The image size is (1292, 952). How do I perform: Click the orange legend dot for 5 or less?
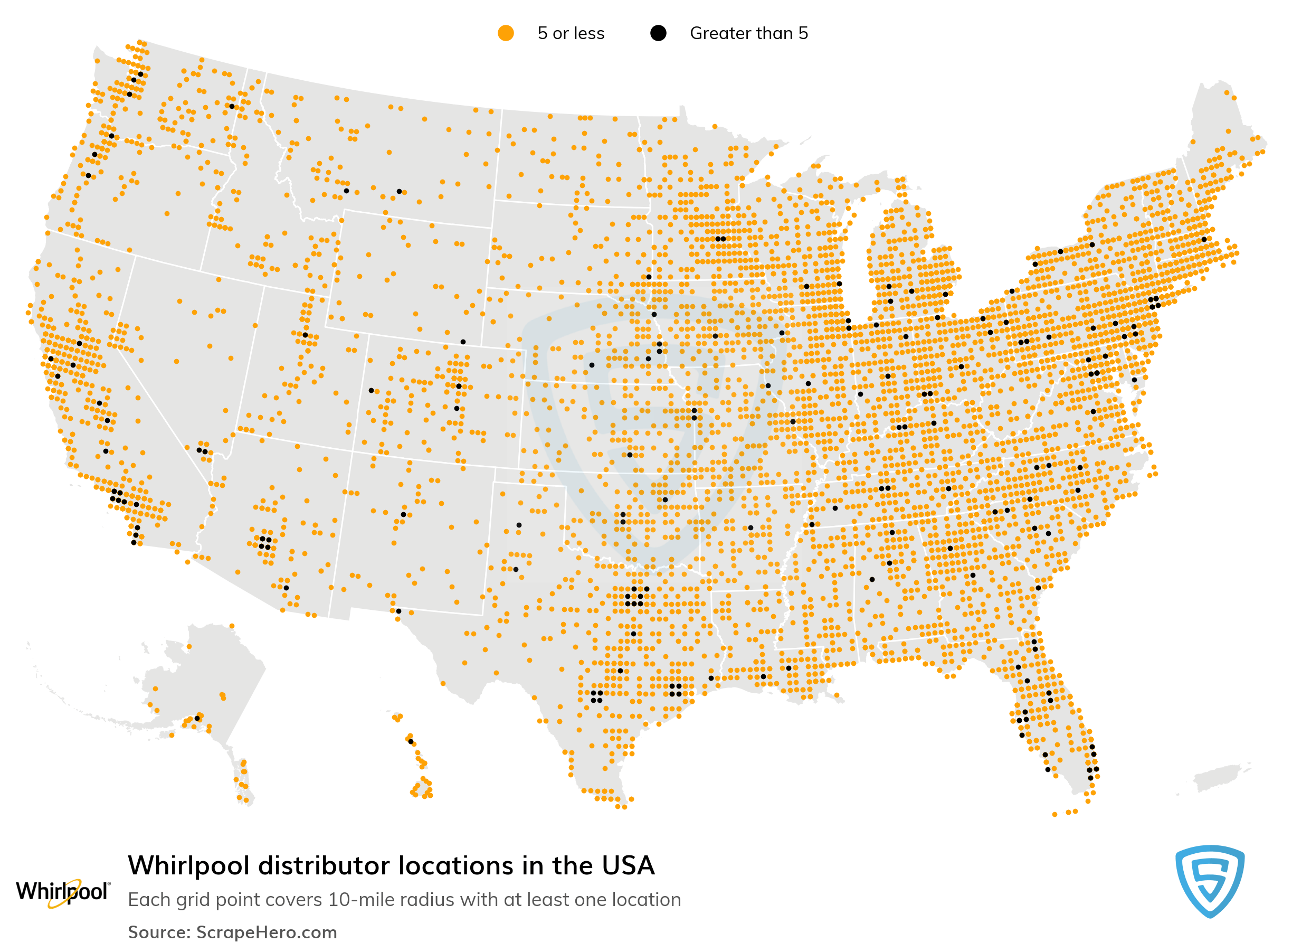[x=505, y=33]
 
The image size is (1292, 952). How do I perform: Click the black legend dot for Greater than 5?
[x=658, y=33]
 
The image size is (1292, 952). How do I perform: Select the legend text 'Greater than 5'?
[x=748, y=33]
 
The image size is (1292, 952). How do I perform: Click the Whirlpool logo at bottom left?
[x=62, y=891]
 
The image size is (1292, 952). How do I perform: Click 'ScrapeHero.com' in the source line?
[x=266, y=932]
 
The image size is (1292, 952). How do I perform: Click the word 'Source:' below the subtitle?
[x=159, y=932]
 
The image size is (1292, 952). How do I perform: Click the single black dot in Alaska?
[x=197, y=718]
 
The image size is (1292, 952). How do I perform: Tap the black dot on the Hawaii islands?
[x=411, y=742]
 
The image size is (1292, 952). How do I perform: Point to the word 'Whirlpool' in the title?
[x=189, y=865]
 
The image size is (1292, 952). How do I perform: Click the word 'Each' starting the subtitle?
[x=149, y=900]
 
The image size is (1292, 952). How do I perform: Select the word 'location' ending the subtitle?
[x=645, y=900]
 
